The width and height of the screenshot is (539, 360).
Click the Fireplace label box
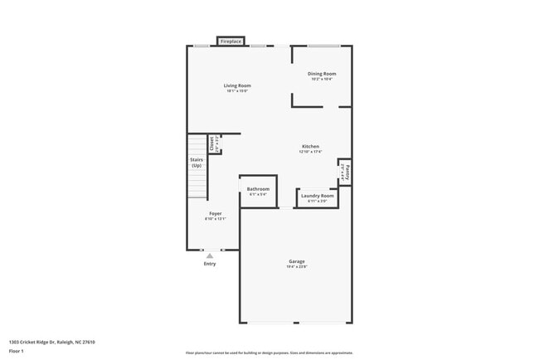coord(231,41)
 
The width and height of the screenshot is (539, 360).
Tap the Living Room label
coord(237,85)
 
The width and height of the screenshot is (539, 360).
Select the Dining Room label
coord(322,74)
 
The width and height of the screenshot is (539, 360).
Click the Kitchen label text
coord(309,147)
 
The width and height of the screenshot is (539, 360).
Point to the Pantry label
coord(347,173)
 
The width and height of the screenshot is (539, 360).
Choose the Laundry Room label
coord(317,196)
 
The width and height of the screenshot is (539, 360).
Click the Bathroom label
coord(258,189)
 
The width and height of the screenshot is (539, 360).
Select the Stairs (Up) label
coord(197,162)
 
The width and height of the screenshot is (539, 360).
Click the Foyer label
coord(216,214)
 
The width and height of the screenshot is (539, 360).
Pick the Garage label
coord(297,261)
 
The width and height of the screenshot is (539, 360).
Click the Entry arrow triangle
coord(210,256)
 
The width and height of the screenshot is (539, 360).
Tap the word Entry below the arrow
coord(210,264)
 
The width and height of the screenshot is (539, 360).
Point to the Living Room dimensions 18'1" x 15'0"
coord(237,91)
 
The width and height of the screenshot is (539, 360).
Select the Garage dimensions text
coord(297,267)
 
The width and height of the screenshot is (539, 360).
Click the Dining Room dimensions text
coord(322,80)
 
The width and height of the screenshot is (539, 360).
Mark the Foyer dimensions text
coord(216,219)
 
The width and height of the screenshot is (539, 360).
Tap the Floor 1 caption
coord(17,351)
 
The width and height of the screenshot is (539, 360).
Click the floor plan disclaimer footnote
coord(269,353)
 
